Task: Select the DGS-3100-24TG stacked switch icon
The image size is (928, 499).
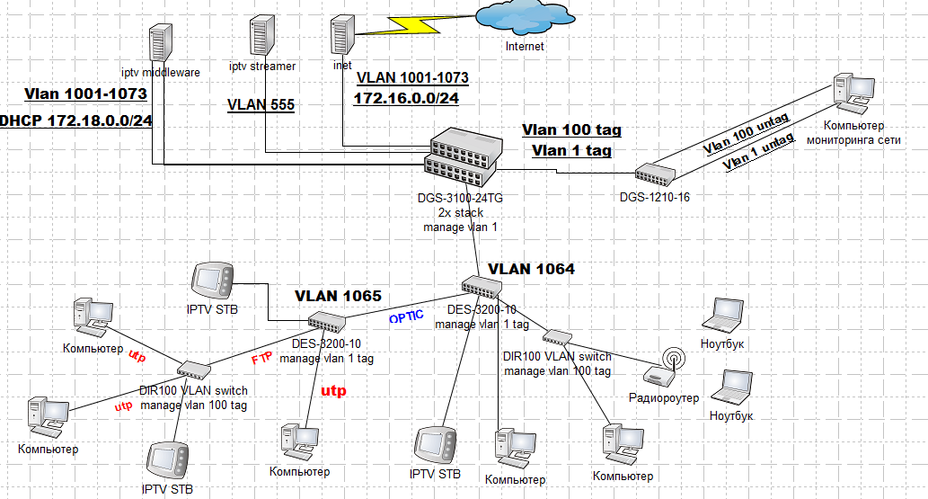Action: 464,153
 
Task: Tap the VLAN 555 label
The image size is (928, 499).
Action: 261,104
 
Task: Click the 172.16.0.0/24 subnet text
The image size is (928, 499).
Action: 405,97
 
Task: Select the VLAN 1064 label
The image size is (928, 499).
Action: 531,268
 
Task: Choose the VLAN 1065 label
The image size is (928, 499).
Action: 338,295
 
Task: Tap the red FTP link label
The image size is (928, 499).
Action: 261,359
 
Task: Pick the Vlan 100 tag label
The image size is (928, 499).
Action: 571,130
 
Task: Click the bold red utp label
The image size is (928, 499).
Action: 333,391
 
